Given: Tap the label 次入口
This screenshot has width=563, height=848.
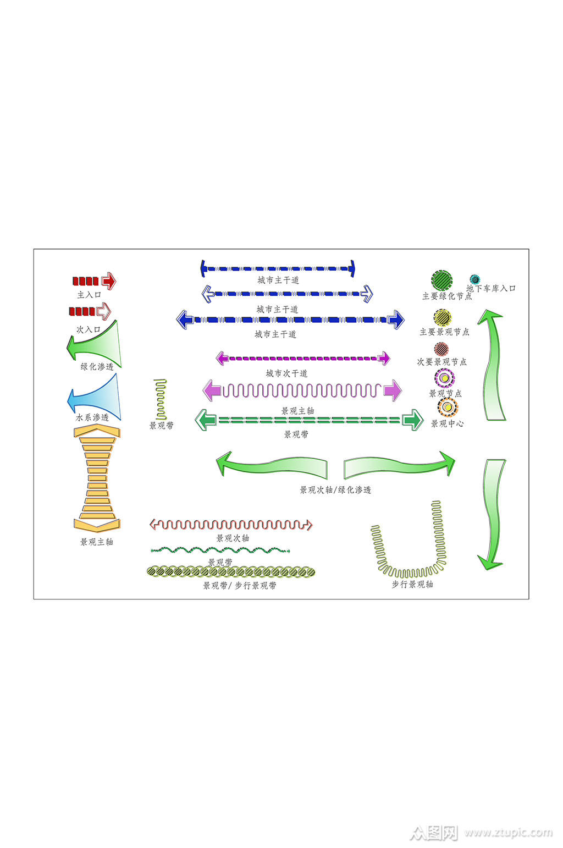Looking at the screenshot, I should tap(89, 329).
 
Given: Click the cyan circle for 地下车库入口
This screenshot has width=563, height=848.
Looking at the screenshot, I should tap(474, 280).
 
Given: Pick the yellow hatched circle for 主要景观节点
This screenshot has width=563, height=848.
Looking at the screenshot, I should tap(442, 318).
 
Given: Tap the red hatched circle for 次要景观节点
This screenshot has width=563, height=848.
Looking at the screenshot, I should tap(441, 349).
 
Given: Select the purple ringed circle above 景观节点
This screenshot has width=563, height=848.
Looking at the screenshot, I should tap(444, 378).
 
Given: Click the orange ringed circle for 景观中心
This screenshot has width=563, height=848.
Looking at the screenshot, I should tap(448, 407).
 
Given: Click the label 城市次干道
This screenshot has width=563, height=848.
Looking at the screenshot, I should tap(286, 373).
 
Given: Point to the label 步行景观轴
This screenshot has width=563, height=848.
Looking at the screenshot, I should tap(412, 584).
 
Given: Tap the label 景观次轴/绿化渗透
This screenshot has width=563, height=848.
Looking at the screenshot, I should tap(335, 489).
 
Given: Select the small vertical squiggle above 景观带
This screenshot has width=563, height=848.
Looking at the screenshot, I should tap(161, 399).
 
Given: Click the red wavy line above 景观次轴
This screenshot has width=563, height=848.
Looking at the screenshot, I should tap(231, 525).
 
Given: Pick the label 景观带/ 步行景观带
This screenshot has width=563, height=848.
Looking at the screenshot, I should tap(240, 586).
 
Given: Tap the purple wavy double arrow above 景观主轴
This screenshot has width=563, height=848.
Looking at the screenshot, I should tap(302, 390).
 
